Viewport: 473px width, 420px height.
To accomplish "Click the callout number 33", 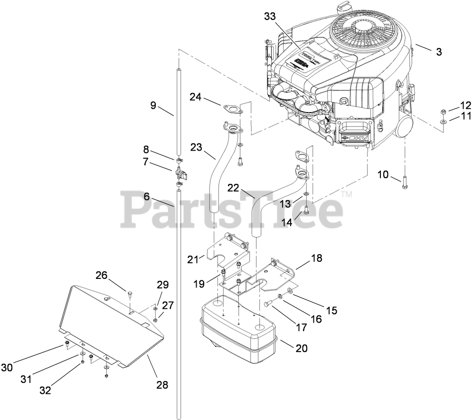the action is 269,16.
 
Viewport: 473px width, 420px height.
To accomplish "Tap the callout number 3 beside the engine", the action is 438,52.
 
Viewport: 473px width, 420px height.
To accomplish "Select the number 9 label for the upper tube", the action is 153,106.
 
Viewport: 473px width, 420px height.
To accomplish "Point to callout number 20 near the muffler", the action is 301,348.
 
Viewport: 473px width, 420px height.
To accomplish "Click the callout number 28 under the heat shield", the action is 162,385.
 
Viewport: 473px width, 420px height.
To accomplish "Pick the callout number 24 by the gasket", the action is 195,97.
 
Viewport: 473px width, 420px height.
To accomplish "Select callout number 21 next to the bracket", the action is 192,259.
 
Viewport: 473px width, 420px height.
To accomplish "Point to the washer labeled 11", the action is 443,123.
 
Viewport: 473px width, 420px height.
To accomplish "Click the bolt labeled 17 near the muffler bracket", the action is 269,304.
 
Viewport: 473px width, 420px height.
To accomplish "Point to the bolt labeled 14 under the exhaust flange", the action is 307,209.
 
